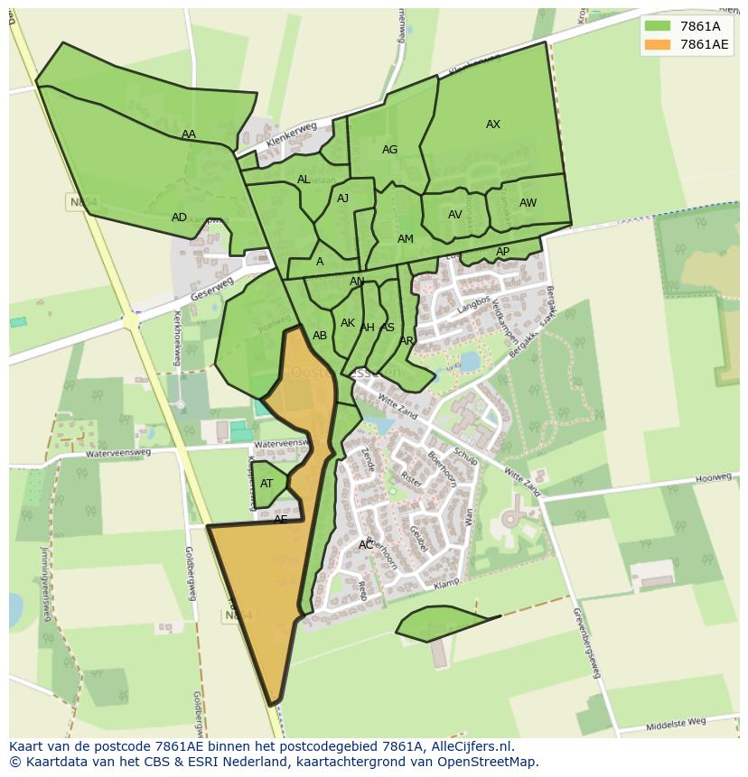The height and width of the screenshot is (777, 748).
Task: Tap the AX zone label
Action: [x=493, y=125]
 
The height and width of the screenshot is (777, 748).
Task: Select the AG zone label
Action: [x=389, y=150]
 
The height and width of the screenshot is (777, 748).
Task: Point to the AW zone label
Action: [x=528, y=203]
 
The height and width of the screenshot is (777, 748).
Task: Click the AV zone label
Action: [x=455, y=215]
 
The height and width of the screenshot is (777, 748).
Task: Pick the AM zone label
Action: [x=406, y=239]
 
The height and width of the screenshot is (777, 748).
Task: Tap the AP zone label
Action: [x=502, y=252]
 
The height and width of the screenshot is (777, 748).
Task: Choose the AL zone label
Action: [x=304, y=180]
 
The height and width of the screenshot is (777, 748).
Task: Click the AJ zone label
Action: [x=342, y=199]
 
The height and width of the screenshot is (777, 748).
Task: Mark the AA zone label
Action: [x=188, y=134]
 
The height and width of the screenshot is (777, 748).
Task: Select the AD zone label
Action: [x=179, y=217]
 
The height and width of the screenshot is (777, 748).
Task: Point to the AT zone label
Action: [x=266, y=484]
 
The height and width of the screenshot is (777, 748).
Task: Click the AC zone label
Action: [x=365, y=545]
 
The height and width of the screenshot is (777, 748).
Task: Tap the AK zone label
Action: [x=348, y=323]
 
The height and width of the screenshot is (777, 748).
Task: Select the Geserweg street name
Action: [x=211, y=289]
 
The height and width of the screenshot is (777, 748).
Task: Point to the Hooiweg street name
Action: [x=712, y=477]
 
